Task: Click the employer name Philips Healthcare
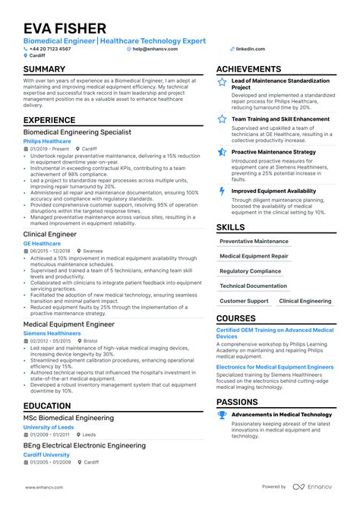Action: pyautogui.click(x=47, y=141)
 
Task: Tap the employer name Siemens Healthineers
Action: pyautogui.click(x=52, y=334)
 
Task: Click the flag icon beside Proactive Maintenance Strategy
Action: pyautogui.click(x=222, y=152)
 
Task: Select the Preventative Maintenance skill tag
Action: pyautogui.click(x=254, y=242)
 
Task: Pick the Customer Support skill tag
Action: pyautogui.click(x=244, y=301)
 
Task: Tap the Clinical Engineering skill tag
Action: pyautogui.click(x=305, y=301)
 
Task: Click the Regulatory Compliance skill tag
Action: pyautogui.click(x=250, y=271)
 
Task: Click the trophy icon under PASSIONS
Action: pyautogui.click(x=222, y=415)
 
